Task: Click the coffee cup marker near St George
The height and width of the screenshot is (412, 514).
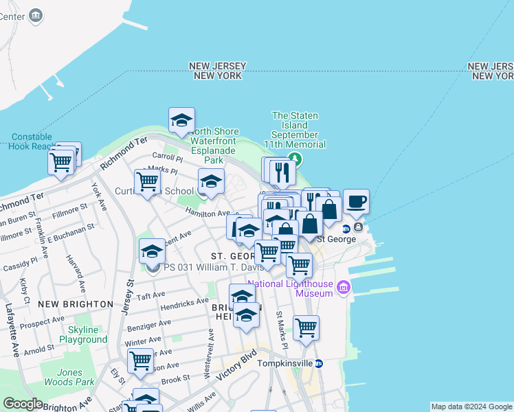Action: pos(356,202)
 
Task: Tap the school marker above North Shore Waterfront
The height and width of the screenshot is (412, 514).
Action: pos(181,121)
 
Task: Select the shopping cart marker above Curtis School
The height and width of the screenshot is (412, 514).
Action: pos(148,182)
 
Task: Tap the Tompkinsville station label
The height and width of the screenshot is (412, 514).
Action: pos(284,363)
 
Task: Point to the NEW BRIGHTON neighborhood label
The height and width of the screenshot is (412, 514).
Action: pos(76,304)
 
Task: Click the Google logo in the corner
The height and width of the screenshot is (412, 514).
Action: pos(22,404)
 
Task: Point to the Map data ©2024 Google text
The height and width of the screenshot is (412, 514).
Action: pos(471,407)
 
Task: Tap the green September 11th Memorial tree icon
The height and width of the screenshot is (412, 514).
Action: pos(295,159)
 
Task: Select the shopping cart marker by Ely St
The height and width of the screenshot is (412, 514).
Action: pos(140,359)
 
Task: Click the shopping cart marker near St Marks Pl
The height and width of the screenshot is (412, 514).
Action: pos(306,328)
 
